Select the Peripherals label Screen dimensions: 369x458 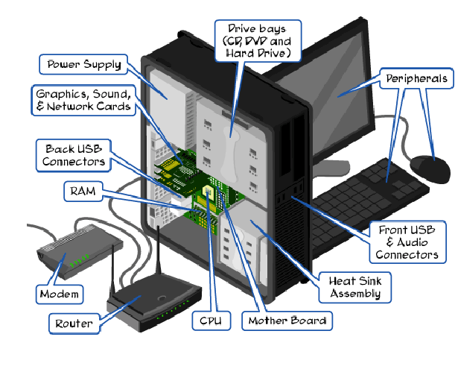[x=416, y=78]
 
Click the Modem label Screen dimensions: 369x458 [x=59, y=294]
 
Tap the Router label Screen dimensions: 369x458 [x=74, y=324]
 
